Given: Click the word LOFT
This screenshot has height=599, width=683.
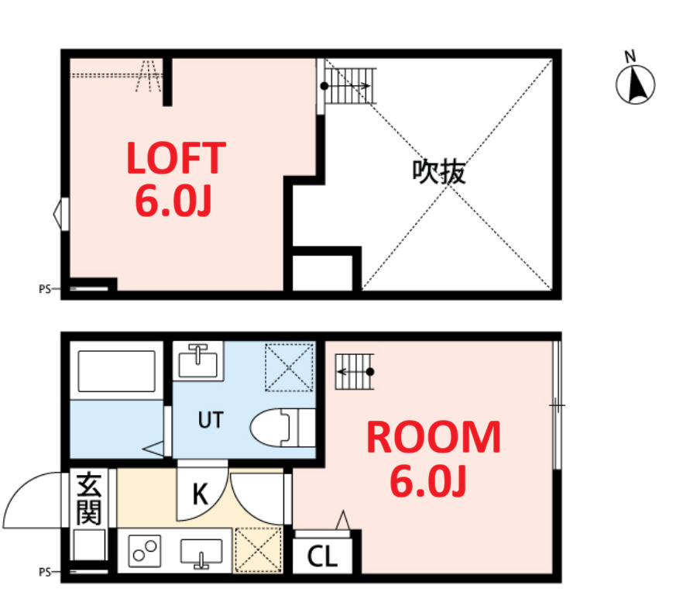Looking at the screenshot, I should (176, 158).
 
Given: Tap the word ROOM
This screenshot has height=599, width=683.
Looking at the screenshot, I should (433, 439).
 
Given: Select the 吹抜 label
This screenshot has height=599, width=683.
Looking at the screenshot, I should (438, 171).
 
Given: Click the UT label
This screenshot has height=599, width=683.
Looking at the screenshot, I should (210, 421).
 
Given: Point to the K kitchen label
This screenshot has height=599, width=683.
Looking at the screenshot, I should (200, 494).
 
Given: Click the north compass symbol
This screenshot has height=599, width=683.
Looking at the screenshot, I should (636, 81).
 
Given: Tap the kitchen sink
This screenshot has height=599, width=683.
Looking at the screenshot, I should (201, 552).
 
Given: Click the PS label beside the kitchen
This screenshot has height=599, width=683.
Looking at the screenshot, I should (44, 573).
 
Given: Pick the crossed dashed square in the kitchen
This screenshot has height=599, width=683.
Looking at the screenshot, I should (258, 550).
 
